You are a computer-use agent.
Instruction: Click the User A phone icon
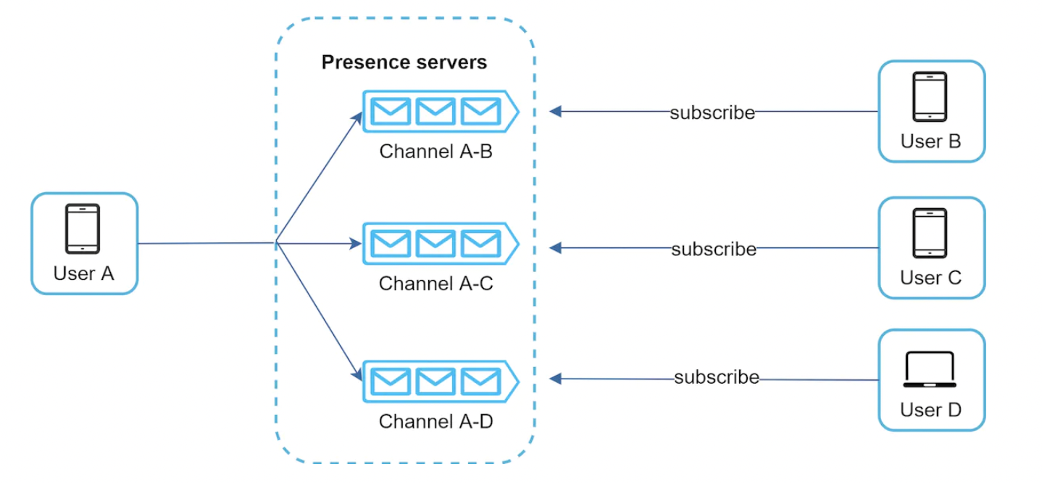[x=83, y=228]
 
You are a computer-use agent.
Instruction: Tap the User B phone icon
[x=930, y=96]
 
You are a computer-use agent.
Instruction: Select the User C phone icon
[x=930, y=233]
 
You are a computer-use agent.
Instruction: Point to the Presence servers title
[x=404, y=62]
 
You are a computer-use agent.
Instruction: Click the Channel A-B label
[x=436, y=152]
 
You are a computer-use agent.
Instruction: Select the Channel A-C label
[x=436, y=284]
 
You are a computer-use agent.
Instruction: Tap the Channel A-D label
[x=436, y=421]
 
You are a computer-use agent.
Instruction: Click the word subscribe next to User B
[x=712, y=112]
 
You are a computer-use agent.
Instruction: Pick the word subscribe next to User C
[x=714, y=249]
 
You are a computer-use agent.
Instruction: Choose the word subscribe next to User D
[x=717, y=378]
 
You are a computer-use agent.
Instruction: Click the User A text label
[x=84, y=273]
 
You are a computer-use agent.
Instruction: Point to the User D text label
[x=930, y=410]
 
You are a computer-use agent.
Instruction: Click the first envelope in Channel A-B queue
[x=391, y=111]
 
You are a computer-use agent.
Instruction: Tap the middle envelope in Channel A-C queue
[x=435, y=243]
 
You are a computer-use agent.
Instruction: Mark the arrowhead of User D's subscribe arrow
[x=555, y=378]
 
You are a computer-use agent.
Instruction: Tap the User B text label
[x=930, y=141]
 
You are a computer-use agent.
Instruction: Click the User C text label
[x=930, y=277]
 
